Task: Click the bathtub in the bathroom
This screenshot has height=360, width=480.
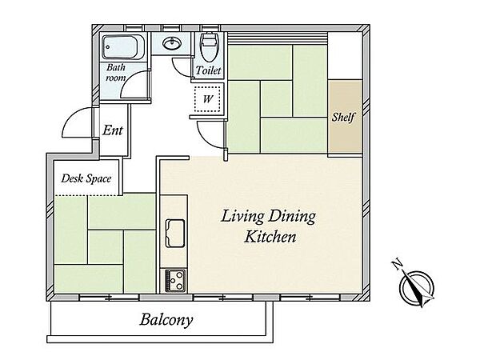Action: pyautogui.click(x=123, y=47)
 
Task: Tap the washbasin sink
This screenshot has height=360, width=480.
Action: pyautogui.click(x=172, y=43)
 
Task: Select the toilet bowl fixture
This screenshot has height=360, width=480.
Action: pyautogui.click(x=209, y=46)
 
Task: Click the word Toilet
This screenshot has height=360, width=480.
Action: pyautogui.click(x=208, y=70)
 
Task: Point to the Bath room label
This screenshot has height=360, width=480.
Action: pyautogui.click(x=116, y=72)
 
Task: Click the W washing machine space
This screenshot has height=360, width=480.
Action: pyautogui.click(x=207, y=99)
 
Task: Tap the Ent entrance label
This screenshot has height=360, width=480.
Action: pyautogui.click(x=113, y=130)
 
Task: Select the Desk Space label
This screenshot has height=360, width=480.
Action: pyautogui.click(x=86, y=178)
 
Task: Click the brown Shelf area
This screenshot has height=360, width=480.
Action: pyautogui.click(x=345, y=116)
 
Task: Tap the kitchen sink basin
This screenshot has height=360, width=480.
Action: pyautogui.click(x=175, y=234)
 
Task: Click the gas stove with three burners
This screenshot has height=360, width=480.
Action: pyautogui.click(x=175, y=281)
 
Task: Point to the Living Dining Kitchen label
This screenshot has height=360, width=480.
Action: pyautogui.click(x=269, y=226)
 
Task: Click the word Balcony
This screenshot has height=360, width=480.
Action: pyautogui.click(x=166, y=320)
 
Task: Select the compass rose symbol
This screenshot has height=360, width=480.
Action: pyautogui.click(x=417, y=287)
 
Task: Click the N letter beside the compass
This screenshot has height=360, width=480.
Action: pyautogui.click(x=397, y=265)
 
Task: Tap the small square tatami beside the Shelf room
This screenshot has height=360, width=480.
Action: pyautogui.click(x=277, y=99)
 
